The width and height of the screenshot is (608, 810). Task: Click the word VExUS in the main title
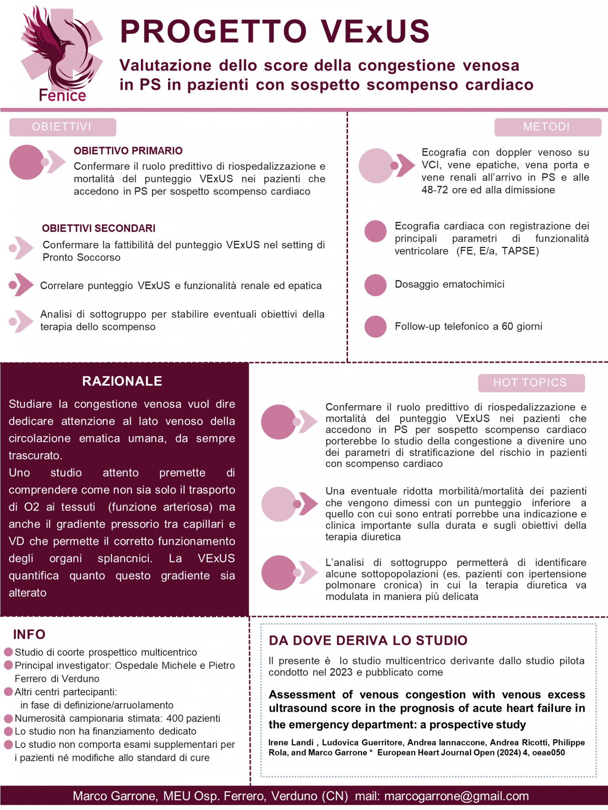[375, 31]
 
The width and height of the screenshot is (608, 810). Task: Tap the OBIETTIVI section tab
[63, 127]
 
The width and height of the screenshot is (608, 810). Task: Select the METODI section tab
[547, 127]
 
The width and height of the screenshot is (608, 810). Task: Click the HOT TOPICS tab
[531, 383]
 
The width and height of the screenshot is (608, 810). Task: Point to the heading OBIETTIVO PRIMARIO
[128, 151]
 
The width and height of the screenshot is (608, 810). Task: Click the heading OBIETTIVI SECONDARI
[99, 228]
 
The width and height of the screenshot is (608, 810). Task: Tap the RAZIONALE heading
[122, 381]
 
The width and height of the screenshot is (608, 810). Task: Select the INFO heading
[29, 634]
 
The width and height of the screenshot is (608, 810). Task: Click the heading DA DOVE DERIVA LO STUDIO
[368, 640]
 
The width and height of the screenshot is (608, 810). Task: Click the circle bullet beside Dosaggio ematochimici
[375, 285]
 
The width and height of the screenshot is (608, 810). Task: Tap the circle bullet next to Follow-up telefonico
[375, 326]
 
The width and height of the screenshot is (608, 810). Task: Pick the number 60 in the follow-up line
[507, 326]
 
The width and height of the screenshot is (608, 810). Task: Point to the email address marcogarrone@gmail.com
[456, 796]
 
